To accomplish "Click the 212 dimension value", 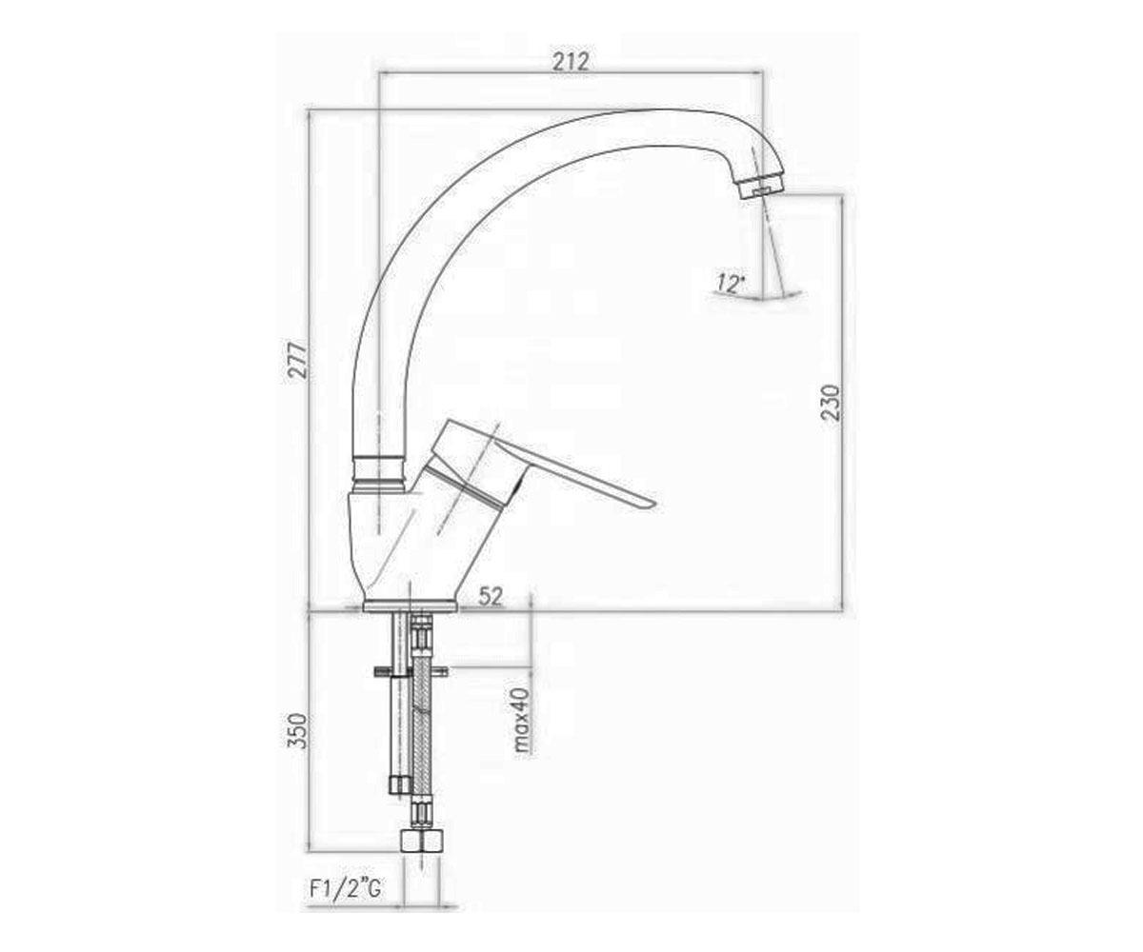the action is coord(571,61).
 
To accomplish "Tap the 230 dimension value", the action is coord(830,402).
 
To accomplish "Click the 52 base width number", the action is coord(490,596).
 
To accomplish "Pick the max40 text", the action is coord(522,720).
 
